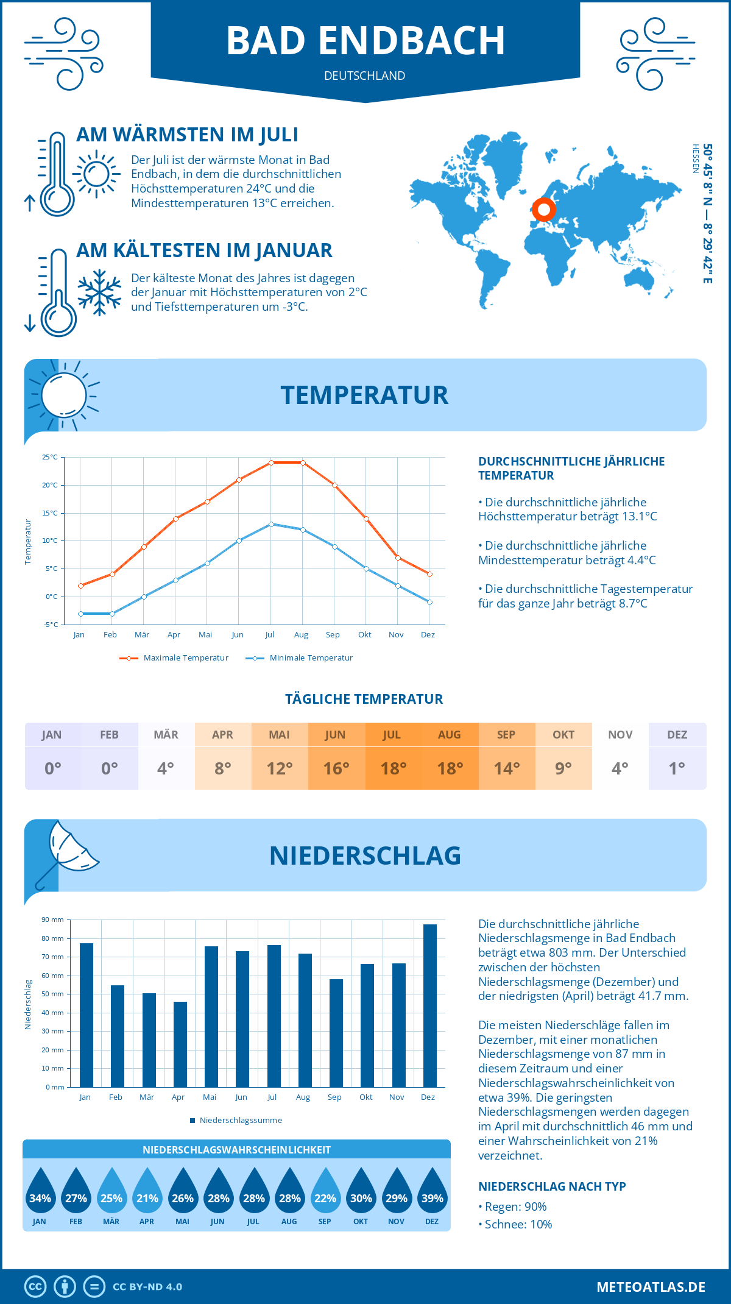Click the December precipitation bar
point(430,1005)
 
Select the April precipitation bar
point(180,1044)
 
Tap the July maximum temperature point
point(271,462)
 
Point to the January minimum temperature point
point(80,614)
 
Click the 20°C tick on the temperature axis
point(50,485)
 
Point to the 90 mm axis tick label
point(53,920)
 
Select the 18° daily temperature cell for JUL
point(393,768)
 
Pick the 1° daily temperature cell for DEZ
point(677,768)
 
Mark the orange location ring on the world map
point(543,210)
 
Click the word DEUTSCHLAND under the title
point(364,76)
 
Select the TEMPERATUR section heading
point(364,395)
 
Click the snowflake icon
point(99,292)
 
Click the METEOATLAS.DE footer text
point(651,1287)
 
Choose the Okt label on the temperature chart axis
point(364,635)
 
